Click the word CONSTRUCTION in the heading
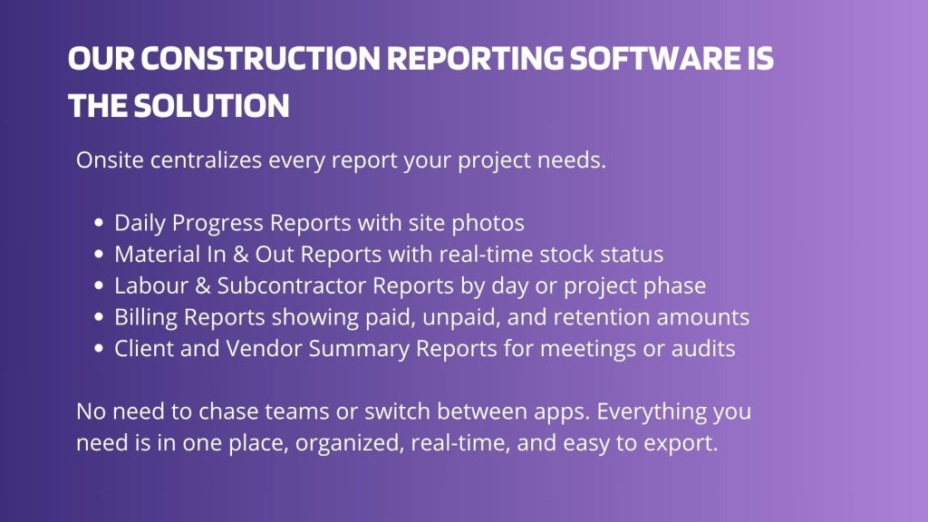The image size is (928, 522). (260, 59)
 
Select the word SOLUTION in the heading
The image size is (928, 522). (211, 106)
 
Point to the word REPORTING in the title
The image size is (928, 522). (475, 59)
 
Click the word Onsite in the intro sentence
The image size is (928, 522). (110, 159)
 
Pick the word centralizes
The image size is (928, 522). (206, 159)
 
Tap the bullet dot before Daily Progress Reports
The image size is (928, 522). (99, 223)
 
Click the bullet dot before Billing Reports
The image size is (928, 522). (99, 317)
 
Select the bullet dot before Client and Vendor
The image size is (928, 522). (99, 349)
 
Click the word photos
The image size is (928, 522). (488, 224)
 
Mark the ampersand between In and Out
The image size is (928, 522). (240, 255)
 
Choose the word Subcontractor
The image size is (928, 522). (290, 285)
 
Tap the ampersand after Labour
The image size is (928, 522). (202, 285)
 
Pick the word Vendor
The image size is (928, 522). (264, 349)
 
